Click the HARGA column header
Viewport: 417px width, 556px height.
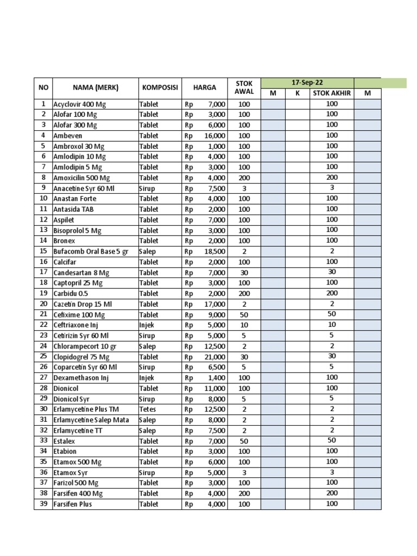tap(205, 87)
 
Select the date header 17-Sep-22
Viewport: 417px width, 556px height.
tap(307, 83)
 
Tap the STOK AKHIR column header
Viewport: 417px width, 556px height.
tap(332, 93)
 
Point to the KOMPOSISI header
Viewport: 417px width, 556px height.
tap(160, 87)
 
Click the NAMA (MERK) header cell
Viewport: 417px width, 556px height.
tap(96, 87)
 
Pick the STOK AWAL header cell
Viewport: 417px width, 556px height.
tap(244, 87)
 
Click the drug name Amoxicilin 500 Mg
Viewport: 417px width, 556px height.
tap(81, 178)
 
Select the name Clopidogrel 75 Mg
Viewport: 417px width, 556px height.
tap(81, 357)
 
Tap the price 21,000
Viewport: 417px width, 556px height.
tap(214, 357)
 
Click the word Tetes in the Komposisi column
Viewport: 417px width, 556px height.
tap(148, 409)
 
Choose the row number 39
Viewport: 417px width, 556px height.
tap(43, 504)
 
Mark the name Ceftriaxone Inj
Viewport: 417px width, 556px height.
tap(75, 325)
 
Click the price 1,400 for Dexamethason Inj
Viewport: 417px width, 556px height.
tap(217, 378)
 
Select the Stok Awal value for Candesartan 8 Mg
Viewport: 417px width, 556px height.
tap(244, 273)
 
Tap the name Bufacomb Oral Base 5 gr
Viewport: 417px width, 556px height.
tap(90, 252)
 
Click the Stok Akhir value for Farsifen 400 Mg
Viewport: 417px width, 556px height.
tap(332, 493)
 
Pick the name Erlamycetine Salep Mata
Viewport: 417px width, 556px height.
tap(91, 420)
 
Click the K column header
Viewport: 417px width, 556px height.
tap(298, 93)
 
